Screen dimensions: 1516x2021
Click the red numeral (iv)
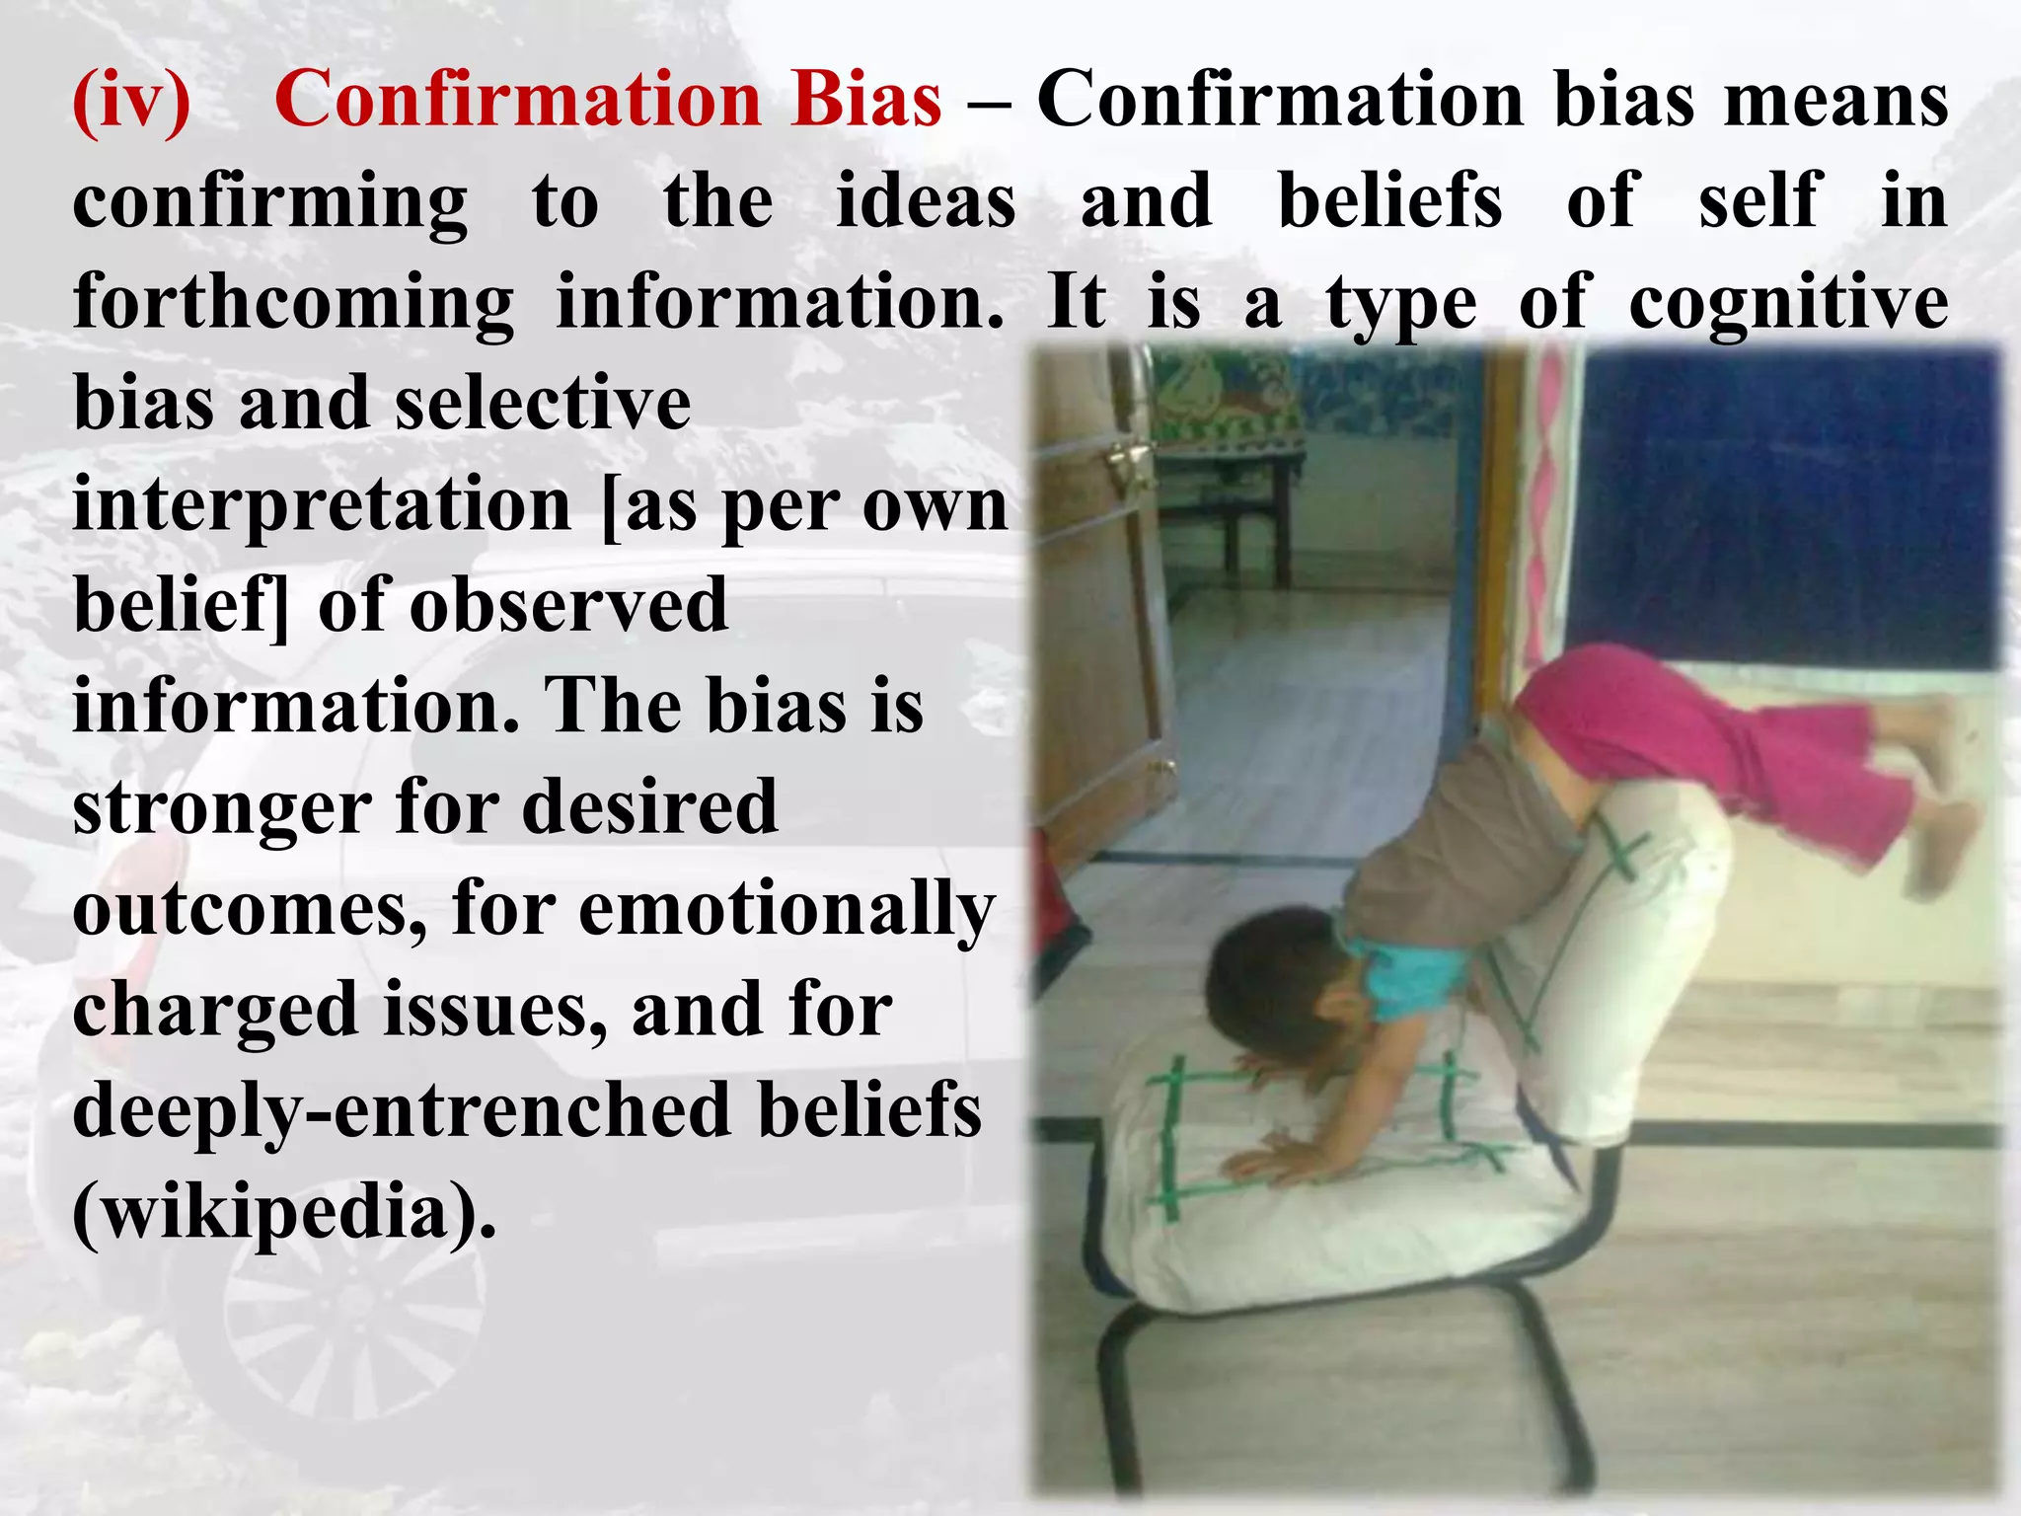131,101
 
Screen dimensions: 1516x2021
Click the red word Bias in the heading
866,101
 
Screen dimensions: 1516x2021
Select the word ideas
926,201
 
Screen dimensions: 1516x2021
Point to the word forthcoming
293,303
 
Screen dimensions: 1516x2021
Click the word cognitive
1788,303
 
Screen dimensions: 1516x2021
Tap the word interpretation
322,505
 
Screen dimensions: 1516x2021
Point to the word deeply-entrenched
402,1111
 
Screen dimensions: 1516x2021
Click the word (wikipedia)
284,1212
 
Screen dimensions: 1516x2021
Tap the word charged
214,1011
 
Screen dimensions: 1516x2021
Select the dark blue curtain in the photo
1786,503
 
